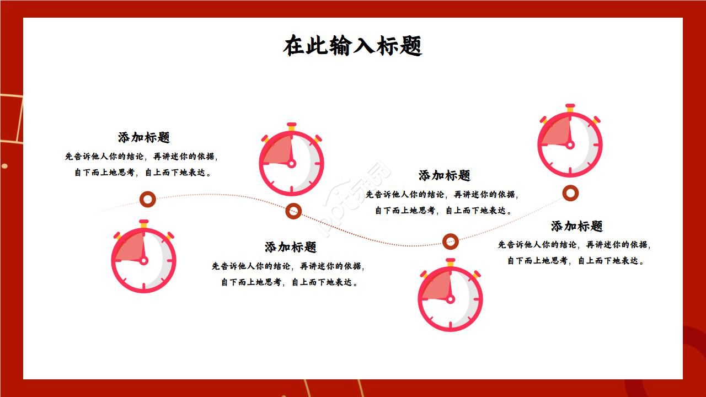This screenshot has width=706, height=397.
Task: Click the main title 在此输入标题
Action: point(353,46)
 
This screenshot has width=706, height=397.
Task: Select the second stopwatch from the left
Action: point(291,162)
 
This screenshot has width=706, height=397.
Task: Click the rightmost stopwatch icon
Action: point(570,143)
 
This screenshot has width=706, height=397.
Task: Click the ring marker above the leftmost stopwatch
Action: point(147,199)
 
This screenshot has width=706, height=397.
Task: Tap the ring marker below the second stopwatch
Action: point(293,211)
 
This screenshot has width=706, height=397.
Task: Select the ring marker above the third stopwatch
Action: point(451,241)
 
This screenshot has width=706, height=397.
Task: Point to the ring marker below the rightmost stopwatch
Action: point(570,193)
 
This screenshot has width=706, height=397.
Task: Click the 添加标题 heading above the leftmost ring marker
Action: point(144,137)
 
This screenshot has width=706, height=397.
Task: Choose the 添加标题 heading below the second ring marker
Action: point(291,247)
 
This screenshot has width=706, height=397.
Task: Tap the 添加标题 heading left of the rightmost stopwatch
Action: point(445,175)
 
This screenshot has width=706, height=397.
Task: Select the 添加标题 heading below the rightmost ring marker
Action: point(577,226)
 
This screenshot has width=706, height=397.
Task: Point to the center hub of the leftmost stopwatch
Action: point(143,261)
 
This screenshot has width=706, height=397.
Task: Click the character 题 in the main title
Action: point(411,46)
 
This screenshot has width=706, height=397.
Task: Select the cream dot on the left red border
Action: point(4,166)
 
